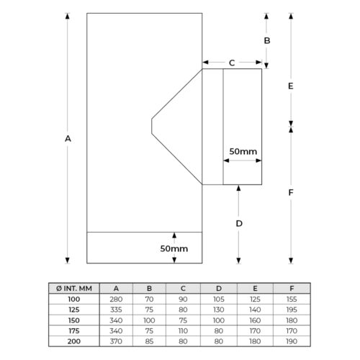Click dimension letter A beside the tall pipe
coord(68,139)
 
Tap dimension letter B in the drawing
coord(267,40)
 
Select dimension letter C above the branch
coord(232,63)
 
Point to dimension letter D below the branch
coord(239,224)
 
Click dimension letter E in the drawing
coord(291,86)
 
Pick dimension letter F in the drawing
coord(291,192)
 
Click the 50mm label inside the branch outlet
coord(243,151)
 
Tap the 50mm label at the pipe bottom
coord(174,248)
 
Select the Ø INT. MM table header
coord(74,288)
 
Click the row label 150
coord(74,320)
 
